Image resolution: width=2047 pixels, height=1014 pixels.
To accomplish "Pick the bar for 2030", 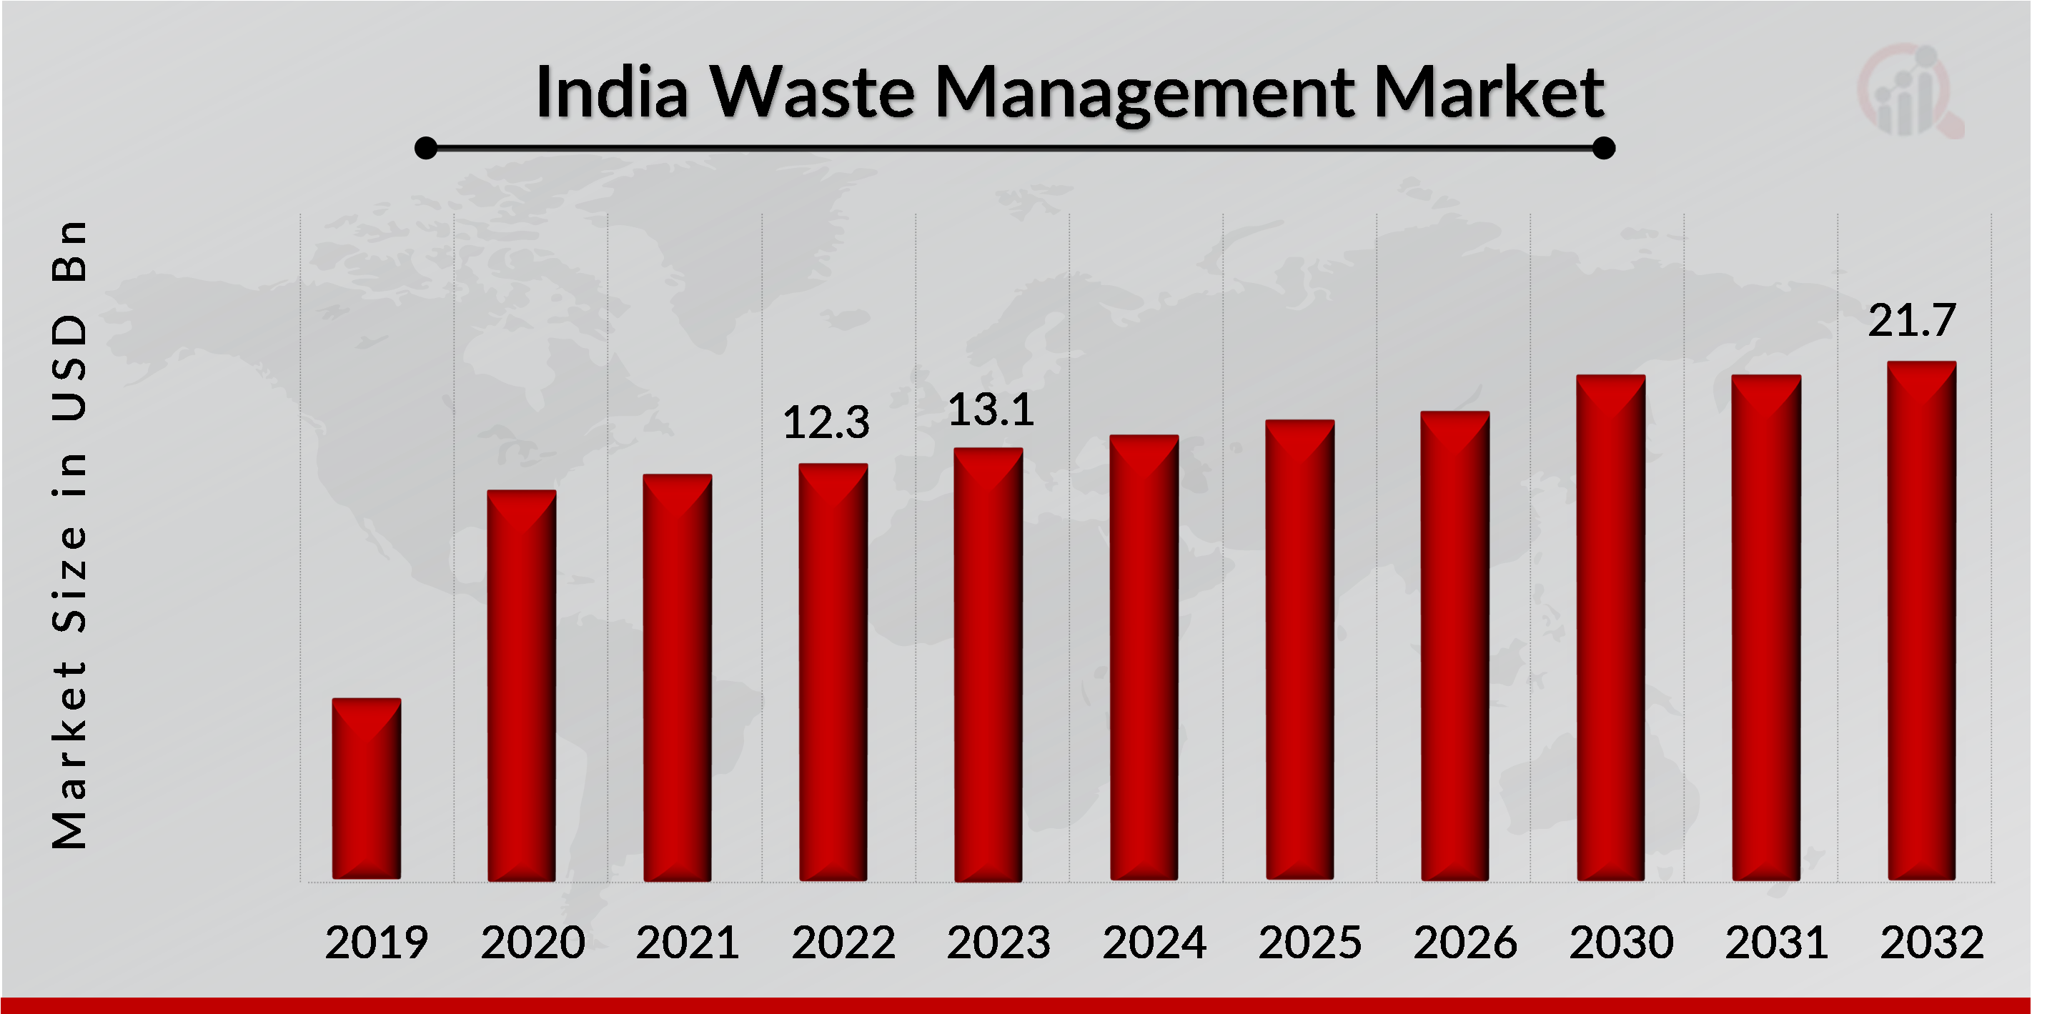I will point(1611,628).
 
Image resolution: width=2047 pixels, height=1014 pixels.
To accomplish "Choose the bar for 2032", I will point(1921,621).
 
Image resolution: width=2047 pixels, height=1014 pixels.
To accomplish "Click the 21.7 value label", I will point(1911,320).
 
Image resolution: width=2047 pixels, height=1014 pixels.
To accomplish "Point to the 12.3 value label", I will point(826,422).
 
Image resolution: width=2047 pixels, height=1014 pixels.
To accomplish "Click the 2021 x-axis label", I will point(688,943).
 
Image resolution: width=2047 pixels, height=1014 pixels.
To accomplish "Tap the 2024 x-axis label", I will point(1154,943).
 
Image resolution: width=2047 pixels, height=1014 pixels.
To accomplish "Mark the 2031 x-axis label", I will point(1776,943).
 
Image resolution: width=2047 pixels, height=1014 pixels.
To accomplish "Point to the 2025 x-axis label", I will point(1309,943).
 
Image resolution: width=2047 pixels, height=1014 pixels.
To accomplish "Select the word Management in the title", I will point(1144,94).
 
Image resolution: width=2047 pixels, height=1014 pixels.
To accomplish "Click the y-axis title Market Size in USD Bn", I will point(69,534).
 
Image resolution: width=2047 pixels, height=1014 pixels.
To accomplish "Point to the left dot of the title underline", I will point(426,148).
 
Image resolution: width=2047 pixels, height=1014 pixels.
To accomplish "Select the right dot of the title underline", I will point(1604,148).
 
